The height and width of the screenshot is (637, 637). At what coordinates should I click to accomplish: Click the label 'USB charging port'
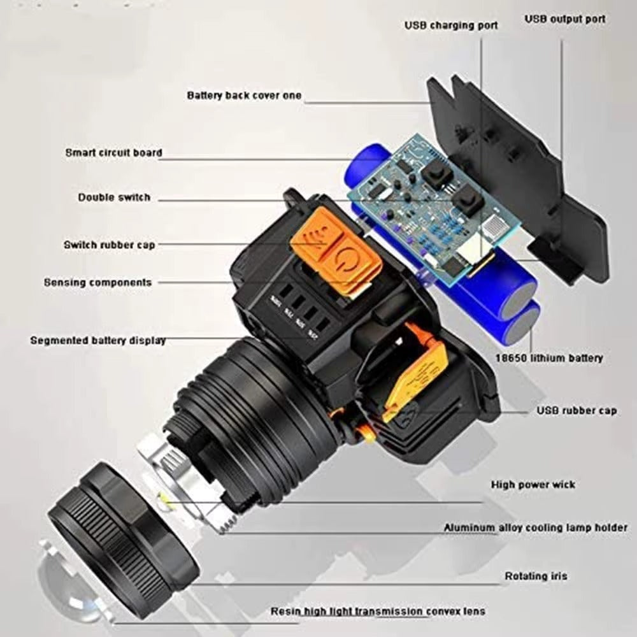tap(451, 25)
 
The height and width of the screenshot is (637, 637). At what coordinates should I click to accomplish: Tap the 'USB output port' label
tap(565, 19)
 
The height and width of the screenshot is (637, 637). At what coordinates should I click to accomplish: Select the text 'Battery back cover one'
tap(244, 96)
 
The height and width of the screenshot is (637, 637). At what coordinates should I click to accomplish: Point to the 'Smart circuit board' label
tap(114, 153)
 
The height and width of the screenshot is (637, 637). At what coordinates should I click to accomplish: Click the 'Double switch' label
tap(114, 197)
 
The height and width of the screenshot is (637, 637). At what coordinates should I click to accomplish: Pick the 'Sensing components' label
tap(98, 282)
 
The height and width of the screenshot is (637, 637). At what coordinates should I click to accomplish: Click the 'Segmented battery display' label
tap(98, 340)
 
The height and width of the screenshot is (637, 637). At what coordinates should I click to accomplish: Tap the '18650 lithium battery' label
tap(549, 358)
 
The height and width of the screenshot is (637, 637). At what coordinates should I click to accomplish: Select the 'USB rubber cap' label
tap(576, 411)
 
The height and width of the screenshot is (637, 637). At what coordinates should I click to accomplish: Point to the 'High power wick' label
tap(533, 485)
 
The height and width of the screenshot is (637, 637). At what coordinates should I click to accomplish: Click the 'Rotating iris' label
tap(536, 576)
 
